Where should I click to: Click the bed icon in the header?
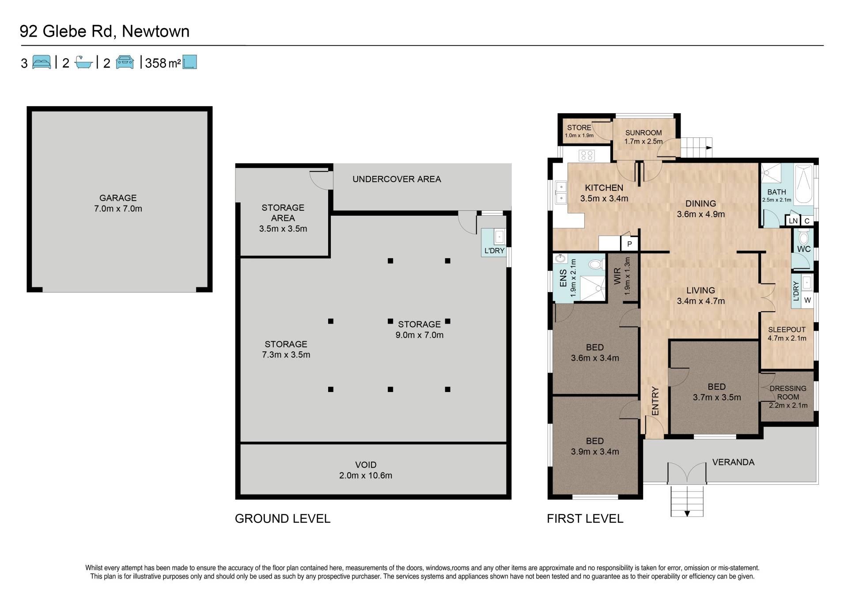(42, 62)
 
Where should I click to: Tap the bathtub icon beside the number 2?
(83, 62)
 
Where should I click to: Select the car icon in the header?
(125, 62)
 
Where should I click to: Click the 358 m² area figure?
(163, 63)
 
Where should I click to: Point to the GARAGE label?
(118, 198)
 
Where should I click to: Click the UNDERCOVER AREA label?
(397, 179)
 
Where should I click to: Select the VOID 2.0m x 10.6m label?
(366, 470)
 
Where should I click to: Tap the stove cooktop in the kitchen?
(587, 155)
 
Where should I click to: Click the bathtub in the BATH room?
(804, 184)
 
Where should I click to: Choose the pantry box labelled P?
(629, 244)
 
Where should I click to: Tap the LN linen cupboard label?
(793, 221)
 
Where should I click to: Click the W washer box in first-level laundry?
(807, 300)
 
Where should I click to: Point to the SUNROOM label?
(644, 133)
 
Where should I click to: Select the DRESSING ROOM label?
(788, 392)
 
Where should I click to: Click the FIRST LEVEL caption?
(585, 518)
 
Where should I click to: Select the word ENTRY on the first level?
(655, 401)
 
